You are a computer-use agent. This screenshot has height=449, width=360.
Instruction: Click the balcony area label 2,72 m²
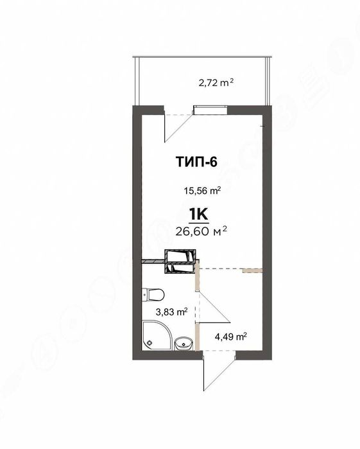tap(216, 82)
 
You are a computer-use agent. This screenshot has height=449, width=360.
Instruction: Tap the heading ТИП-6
tap(196, 161)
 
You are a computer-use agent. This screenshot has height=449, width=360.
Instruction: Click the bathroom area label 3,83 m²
tap(171, 312)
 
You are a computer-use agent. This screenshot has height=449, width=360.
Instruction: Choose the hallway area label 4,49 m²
tap(231, 335)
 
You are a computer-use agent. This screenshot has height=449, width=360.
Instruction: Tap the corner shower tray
tap(153, 336)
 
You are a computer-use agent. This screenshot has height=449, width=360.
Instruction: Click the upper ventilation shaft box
tap(179, 256)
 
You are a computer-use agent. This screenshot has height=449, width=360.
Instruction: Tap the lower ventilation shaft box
tap(180, 269)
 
